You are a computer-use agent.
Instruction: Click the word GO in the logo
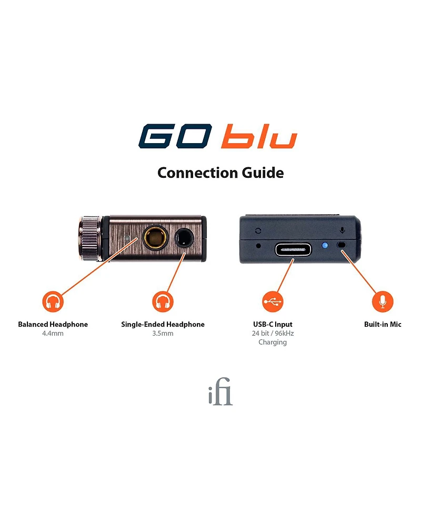click(175, 137)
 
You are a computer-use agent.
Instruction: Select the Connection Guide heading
click(220, 173)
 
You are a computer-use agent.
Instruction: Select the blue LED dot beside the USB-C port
click(324, 246)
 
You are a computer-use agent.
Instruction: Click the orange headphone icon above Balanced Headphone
click(53, 302)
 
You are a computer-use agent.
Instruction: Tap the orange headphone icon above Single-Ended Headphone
click(163, 302)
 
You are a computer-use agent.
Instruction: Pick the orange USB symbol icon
click(273, 301)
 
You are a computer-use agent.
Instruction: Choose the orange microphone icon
click(383, 301)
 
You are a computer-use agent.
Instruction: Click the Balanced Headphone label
click(53, 325)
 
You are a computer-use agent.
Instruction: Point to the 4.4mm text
click(53, 334)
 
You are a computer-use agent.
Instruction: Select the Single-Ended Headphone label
click(163, 325)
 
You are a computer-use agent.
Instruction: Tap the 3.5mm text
click(163, 334)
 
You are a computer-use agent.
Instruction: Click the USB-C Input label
click(273, 325)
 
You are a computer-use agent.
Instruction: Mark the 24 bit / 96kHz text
click(273, 334)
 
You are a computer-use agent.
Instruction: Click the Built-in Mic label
click(383, 325)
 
